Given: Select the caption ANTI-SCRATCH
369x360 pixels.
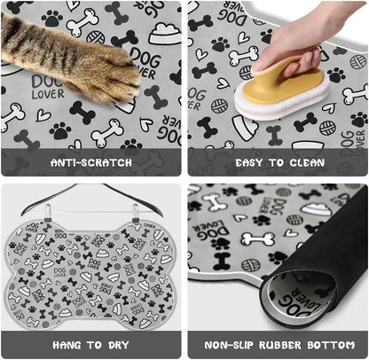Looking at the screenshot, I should (x=92, y=163).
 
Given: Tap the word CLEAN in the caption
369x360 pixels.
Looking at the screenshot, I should (x=305, y=163).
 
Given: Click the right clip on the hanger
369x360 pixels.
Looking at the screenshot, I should (x=136, y=210).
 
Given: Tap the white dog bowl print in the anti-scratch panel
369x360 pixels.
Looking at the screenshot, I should (x=164, y=35).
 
